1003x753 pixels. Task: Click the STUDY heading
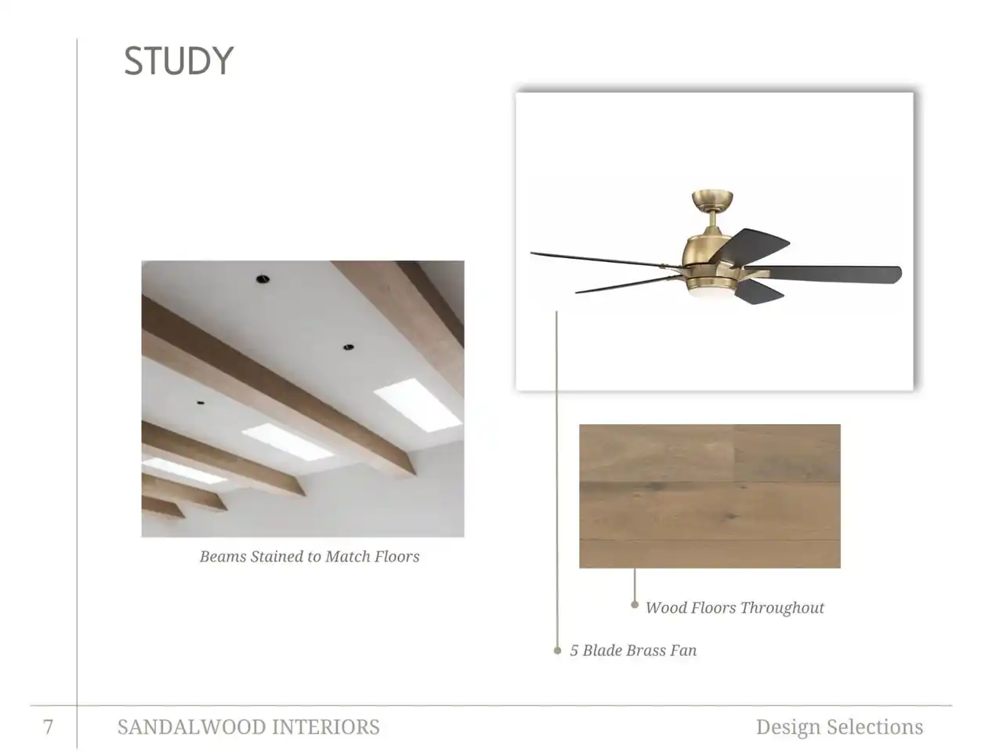click(x=178, y=61)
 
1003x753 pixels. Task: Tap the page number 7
click(x=48, y=726)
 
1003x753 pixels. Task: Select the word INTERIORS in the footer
click(x=326, y=727)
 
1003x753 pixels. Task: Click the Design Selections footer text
click(x=839, y=727)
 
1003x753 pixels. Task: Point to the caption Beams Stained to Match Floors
click(x=310, y=556)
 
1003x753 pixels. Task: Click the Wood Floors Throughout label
click(x=735, y=608)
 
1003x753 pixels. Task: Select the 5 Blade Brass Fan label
click(x=633, y=650)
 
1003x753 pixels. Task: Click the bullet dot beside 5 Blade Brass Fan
click(x=557, y=650)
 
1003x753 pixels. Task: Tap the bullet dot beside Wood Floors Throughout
click(x=634, y=605)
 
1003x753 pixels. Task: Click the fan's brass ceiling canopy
click(x=712, y=200)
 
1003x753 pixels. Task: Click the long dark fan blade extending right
click(x=827, y=274)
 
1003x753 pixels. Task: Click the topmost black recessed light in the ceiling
click(x=262, y=279)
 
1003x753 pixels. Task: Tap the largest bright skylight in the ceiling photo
click(x=417, y=405)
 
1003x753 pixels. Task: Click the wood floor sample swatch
click(x=710, y=496)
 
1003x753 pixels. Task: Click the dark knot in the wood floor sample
click(x=731, y=517)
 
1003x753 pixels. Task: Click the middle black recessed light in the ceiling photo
click(x=348, y=347)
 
